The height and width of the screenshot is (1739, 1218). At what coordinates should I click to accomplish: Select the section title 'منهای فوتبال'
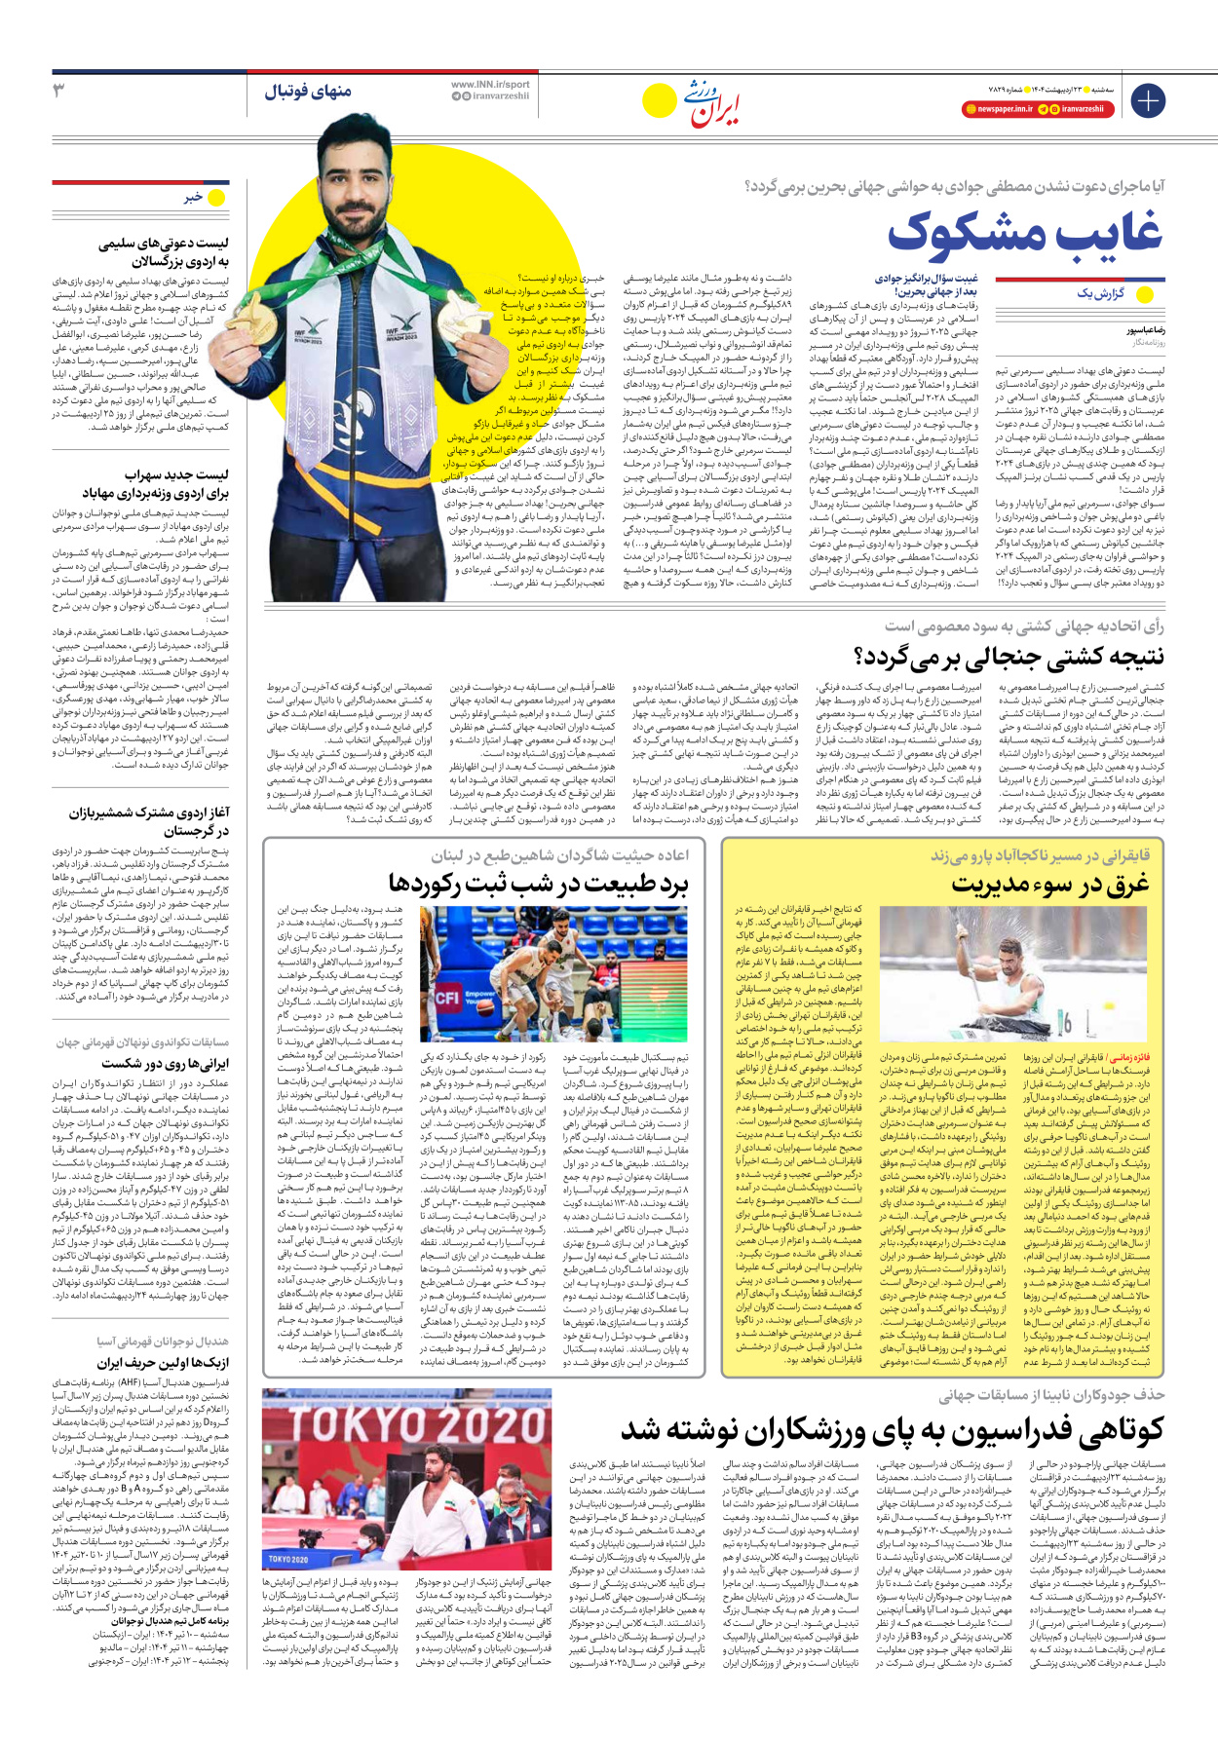(307, 92)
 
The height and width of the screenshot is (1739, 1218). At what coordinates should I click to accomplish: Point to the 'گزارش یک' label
(1100, 293)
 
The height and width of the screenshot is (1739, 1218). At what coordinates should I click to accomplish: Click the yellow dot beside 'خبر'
(216, 197)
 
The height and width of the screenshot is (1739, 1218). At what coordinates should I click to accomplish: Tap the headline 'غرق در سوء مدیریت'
(1049, 885)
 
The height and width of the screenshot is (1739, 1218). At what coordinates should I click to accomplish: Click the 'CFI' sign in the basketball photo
(448, 998)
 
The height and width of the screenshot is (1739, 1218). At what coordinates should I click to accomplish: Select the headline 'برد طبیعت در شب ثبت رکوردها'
(538, 885)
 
